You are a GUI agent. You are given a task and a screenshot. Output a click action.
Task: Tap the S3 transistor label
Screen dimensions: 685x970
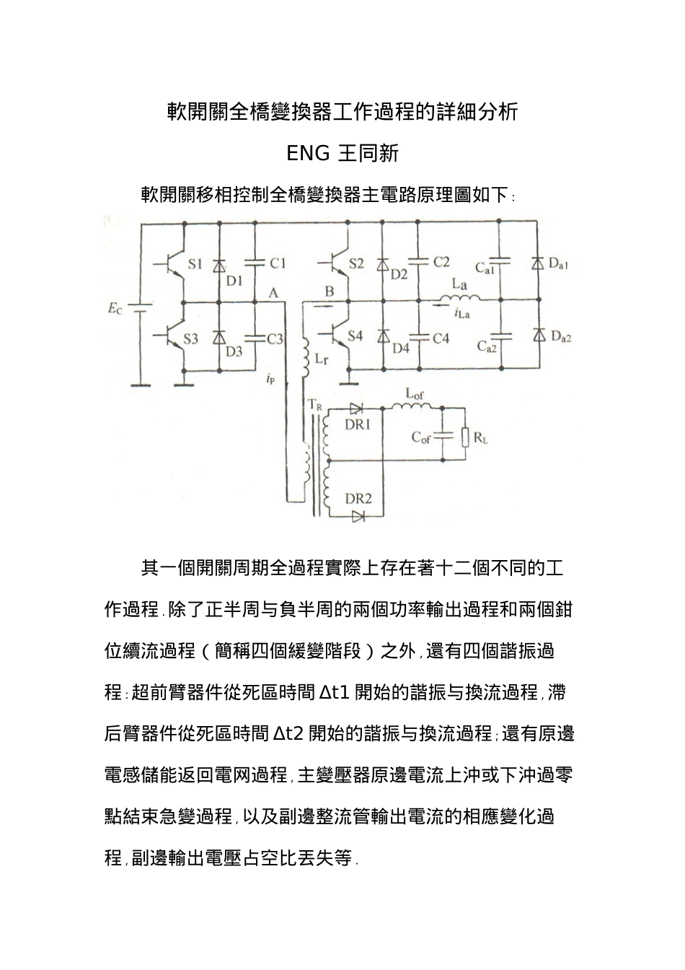[190, 338]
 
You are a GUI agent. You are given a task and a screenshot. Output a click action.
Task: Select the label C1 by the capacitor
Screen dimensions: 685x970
[278, 263]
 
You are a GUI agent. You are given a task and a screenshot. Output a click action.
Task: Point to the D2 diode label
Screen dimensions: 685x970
[399, 274]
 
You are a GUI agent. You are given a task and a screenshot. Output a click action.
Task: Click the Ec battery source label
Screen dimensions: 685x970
[115, 310]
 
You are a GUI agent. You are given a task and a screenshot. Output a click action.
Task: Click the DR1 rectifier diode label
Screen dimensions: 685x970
[358, 424]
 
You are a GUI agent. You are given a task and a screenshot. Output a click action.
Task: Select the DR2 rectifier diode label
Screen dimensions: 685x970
[358, 499]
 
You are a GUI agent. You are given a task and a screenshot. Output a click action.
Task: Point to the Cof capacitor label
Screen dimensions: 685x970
[421, 437]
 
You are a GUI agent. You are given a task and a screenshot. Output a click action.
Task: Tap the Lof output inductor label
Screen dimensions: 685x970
[415, 394]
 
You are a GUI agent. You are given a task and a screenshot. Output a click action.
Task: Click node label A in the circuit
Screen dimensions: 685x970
[272, 292]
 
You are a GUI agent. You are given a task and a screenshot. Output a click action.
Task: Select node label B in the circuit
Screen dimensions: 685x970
[330, 292]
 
